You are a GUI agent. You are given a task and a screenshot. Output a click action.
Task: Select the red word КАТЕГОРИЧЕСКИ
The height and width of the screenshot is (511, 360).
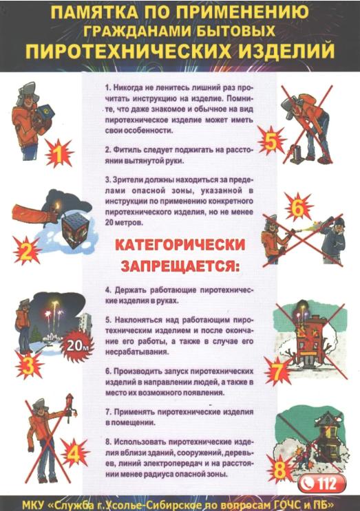point(180,245)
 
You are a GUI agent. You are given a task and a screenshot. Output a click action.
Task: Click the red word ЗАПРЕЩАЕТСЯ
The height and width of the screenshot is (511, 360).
point(180,266)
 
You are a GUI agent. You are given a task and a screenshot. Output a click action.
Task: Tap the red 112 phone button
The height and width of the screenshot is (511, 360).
point(321,483)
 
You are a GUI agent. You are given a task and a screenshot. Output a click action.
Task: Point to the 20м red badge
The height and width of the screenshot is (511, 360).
point(76,345)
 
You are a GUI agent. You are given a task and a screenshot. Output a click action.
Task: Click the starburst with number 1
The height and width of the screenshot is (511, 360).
point(59,155)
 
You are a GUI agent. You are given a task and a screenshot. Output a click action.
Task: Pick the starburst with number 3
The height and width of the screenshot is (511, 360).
point(30,367)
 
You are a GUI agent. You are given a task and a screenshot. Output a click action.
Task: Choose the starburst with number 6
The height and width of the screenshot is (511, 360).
point(298,208)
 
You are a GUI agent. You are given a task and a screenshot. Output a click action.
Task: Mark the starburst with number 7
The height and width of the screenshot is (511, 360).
point(278,372)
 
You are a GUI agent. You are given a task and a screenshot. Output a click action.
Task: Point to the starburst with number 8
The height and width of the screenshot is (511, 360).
point(280,469)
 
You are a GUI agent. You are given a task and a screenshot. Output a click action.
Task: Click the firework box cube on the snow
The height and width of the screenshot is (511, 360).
point(76,232)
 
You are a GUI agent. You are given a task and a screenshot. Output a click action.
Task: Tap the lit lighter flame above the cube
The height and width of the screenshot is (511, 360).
point(58,206)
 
